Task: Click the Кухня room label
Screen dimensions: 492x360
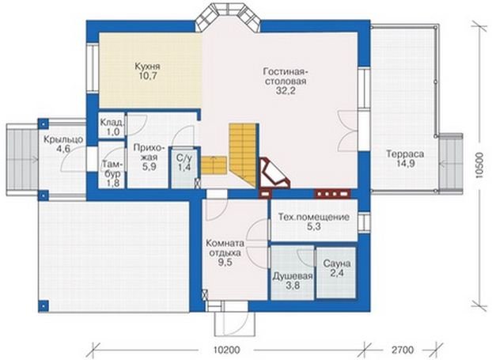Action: pos(147,66)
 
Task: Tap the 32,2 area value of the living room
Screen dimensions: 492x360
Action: pos(284,91)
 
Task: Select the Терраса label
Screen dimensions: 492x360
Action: pos(405,154)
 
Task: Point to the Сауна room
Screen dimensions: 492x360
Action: pos(336,273)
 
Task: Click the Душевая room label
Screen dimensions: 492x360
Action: pos(293,276)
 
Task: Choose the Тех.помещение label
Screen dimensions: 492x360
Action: pos(314,218)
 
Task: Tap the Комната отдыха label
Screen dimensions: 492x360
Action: pos(225,248)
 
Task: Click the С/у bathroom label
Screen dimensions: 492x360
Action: pos(184,158)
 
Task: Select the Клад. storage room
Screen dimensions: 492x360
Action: pos(112,125)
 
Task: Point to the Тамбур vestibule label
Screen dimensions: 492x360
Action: pos(112,169)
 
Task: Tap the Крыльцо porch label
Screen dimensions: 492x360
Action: pos(63,139)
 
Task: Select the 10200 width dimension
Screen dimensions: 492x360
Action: pos(226,350)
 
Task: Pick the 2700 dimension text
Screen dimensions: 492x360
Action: pos(403,350)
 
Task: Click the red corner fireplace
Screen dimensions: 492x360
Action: pos(273,173)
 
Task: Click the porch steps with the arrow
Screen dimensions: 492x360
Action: pos(22,160)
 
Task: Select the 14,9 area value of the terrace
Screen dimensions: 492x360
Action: pos(405,164)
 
